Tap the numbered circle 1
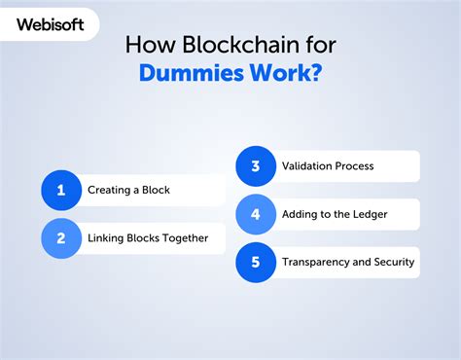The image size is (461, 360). [x=61, y=190]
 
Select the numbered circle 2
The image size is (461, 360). [x=61, y=237]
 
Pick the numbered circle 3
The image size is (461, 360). [x=256, y=166]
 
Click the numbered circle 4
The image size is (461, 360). [x=256, y=214]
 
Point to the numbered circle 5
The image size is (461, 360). [x=256, y=262]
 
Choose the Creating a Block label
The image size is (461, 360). [x=128, y=190]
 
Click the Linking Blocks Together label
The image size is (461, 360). [x=148, y=237]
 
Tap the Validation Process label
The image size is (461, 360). [x=328, y=166]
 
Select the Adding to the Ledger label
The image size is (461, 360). [x=336, y=214]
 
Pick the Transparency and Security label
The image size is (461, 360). [x=348, y=262]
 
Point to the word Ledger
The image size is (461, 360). [x=370, y=214]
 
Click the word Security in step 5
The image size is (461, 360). [x=391, y=262]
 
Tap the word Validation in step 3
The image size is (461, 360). [x=306, y=166]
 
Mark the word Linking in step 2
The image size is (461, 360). [x=106, y=237]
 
